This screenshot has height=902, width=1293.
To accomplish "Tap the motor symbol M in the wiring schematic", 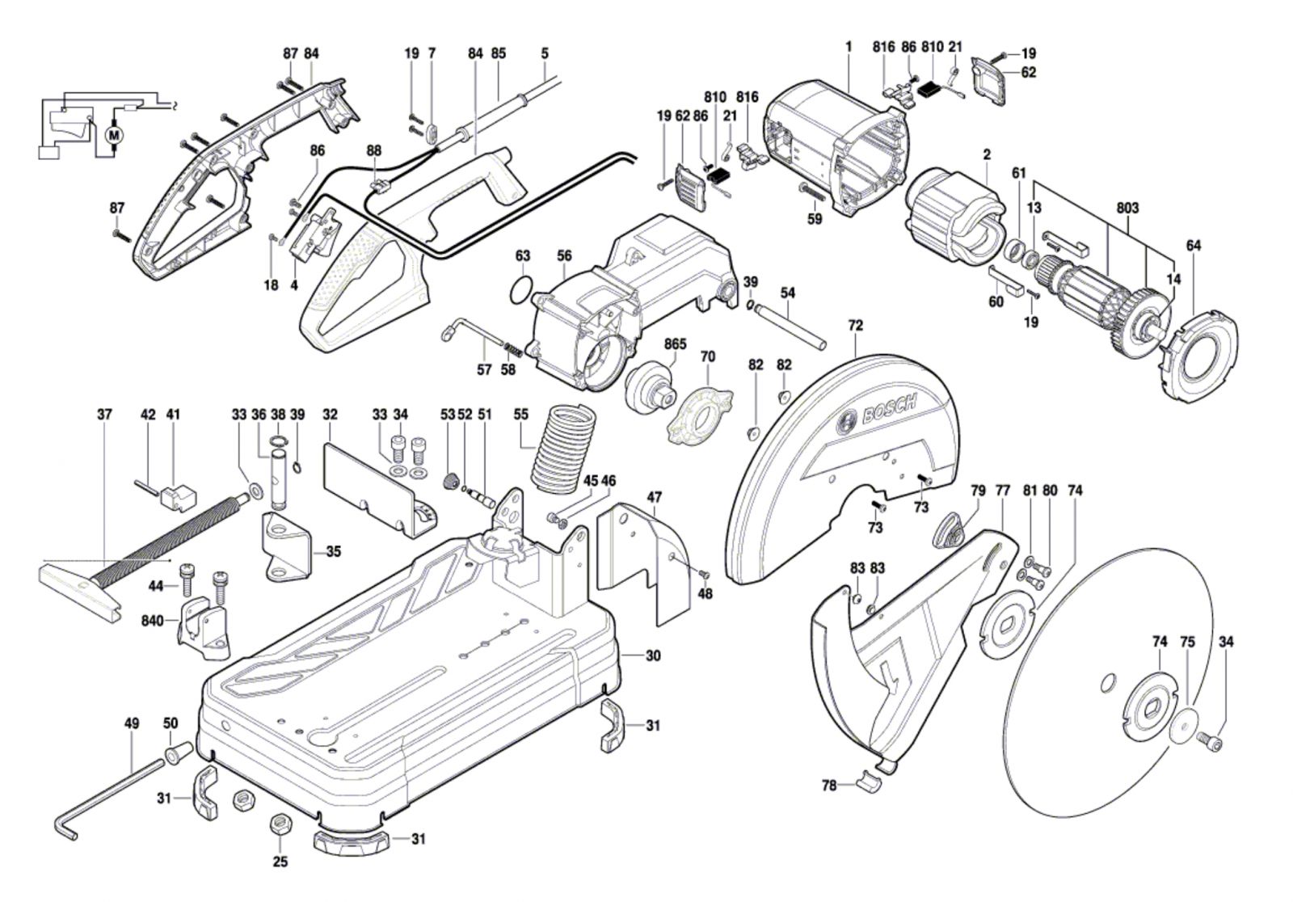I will tap(114, 133).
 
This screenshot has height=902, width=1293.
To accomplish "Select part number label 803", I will tap(1127, 208).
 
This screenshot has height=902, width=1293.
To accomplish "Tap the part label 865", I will tap(675, 344).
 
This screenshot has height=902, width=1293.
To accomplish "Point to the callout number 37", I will tap(104, 414).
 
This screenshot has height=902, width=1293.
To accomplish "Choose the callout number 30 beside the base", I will tap(653, 655).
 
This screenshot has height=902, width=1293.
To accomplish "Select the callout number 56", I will tap(563, 256).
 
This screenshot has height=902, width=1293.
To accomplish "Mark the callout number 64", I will tap(1194, 245).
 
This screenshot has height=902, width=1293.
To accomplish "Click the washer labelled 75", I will tap(1182, 722).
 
